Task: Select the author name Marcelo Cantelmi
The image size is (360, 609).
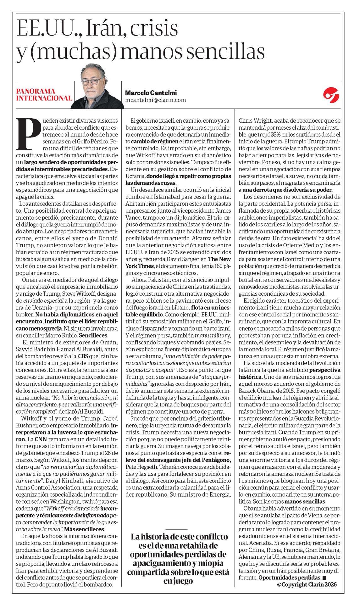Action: click(151, 92)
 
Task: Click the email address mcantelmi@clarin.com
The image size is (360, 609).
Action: click(155, 100)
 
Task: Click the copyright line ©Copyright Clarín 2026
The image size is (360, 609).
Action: click(307, 575)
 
